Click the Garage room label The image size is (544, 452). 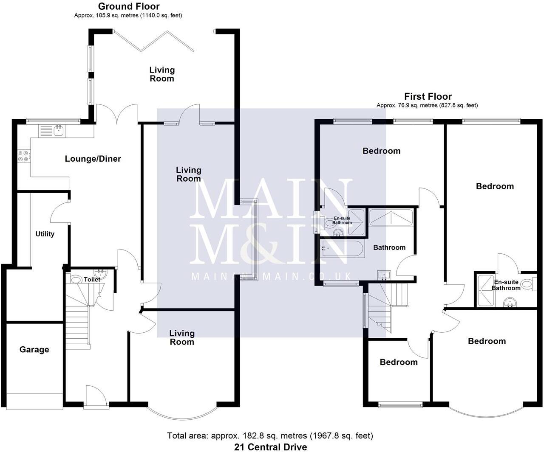tap(34, 350)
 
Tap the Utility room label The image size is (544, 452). tap(45, 234)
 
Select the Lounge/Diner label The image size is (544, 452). tap(93, 159)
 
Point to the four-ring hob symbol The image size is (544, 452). tap(23, 157)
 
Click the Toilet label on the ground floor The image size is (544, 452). tap(92, 279)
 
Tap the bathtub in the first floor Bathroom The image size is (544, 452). tap(342, 249)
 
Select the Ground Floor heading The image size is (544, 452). tap(129, 6)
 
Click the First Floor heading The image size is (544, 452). tap(428, 96)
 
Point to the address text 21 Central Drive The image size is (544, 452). tap(270, 447)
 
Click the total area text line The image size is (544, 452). tap(270, 436)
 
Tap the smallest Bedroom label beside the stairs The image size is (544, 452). tap(398, 362)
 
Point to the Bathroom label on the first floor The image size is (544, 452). tap(389, 247)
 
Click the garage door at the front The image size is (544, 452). tap(34, 401)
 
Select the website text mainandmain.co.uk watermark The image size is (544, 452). tap(271, 277)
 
